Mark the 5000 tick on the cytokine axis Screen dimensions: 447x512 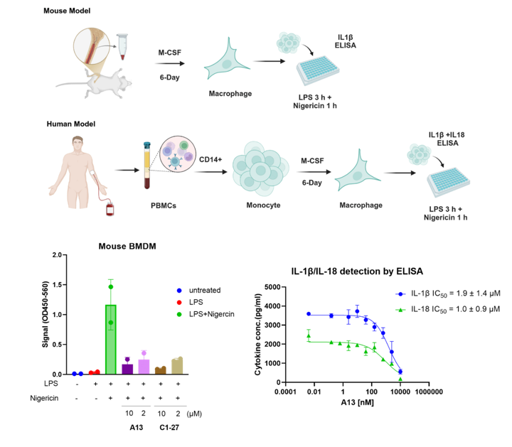click(274, 287)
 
